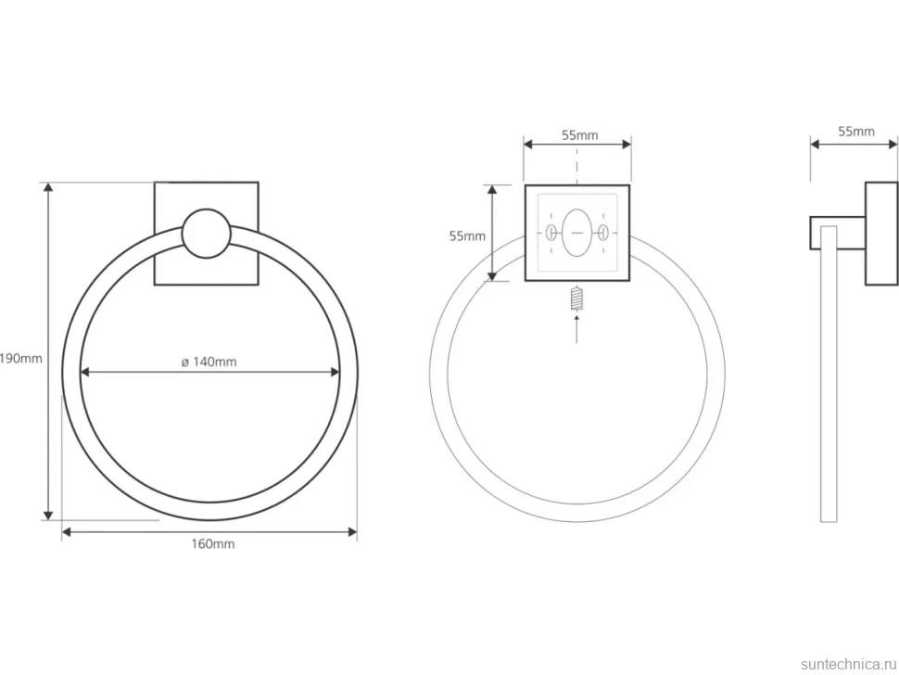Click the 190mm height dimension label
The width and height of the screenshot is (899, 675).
pyautogui.click(x=21, y=359)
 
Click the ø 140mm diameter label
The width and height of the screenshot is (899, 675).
pyautogui.click(x=209, y=362)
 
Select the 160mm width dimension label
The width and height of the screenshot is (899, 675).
pyautogui.click(x=213, y=543)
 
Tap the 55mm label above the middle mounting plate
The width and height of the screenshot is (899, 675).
pyautogui.click(x=579, y=135)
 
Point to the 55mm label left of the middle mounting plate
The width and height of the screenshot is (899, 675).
pyautogui.click(x=467, y=236)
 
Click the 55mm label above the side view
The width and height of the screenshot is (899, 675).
pyautogui.click(x=856, y=132)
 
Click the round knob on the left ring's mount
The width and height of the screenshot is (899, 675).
pyautogui.click(x=207, y=234)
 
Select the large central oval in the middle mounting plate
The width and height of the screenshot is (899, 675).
pyautogui.click(x=577, y=233)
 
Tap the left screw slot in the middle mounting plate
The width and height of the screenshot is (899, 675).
pyautogui.click(x=551, y=233)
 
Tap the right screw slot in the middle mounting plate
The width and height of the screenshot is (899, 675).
pyautogui.click(x=602, y=233)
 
